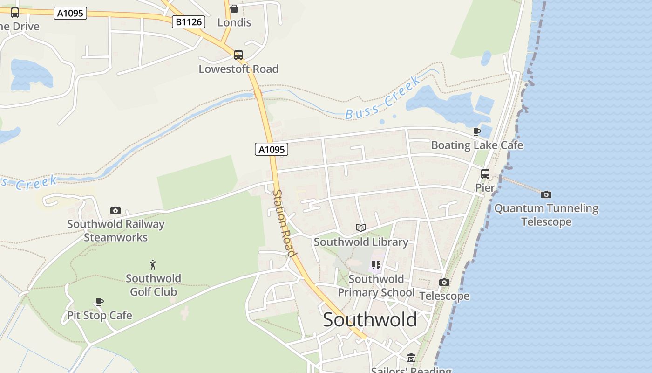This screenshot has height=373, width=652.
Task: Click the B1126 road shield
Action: click(188, 21)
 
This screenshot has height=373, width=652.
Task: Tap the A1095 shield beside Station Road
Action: click(272, 149)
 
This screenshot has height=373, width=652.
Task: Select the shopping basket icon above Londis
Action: click(234, 9)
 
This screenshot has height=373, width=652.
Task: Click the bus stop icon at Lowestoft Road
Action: click(238, 55)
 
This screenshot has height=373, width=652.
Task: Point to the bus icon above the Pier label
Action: click(485, 174)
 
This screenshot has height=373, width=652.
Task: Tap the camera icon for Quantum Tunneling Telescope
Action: click(546, 194)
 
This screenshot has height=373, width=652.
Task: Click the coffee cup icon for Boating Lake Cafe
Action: click(476, 131)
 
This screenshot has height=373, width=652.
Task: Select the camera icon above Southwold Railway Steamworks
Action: click(115, 211)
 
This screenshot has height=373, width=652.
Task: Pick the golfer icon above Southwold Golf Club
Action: click(153, 265)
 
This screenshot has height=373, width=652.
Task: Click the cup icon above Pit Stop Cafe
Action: click(99, 302)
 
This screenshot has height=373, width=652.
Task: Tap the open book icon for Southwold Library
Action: click(360, 228)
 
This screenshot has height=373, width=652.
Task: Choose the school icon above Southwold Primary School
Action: click(376, 266)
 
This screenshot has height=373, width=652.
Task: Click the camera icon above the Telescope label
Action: click(444, 282)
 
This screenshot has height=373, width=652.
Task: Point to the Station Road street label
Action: click(285, 223)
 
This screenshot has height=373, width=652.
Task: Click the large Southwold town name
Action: click(370, 320)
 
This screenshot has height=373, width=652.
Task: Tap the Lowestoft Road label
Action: click(238, 69)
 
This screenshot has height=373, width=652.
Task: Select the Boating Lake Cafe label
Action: click(477, 145)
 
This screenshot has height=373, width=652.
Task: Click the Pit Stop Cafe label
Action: click(100, 316)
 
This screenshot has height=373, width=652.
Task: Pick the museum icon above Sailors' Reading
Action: click(411, 358)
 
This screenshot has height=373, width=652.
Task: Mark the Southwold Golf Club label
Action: click(153, 285)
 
